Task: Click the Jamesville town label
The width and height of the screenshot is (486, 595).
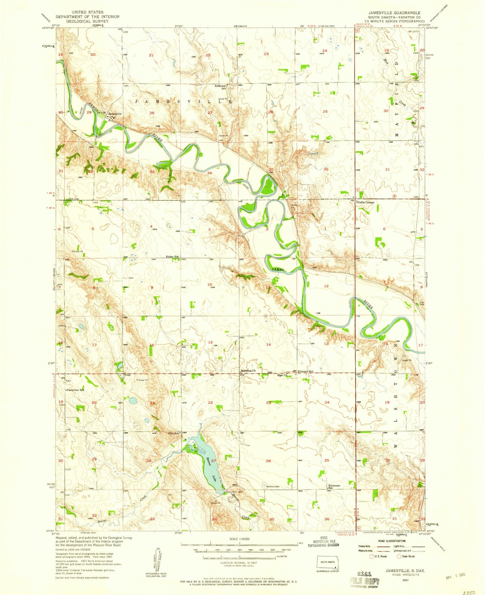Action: pyautogui.click(x=114, y=114)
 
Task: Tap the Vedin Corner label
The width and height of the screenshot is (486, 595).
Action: pyautogui.click(x=366, y=202)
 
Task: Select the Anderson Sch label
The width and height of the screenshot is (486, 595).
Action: pyautogui.click(x=220, y=87)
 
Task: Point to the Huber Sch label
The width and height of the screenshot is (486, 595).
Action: pyautogui.click(x=172, y=256)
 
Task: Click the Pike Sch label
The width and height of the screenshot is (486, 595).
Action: pyautogui.click(x=174, y=433)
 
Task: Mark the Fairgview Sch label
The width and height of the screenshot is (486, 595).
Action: pyautogui.click(x=75, y=390)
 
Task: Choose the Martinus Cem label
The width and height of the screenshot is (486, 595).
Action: pyautogui.click(x=273, y=486)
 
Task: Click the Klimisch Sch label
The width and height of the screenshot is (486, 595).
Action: pyautogui.click(x=305, y=371)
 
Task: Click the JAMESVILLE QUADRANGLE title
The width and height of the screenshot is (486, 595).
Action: pyautogui.click(x=394, y=13)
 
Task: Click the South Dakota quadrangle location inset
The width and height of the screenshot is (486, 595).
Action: pyautogui.click(x=328, y=563)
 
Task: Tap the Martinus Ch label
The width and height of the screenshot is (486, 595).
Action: pyautogui.click(x=248, y=371)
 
